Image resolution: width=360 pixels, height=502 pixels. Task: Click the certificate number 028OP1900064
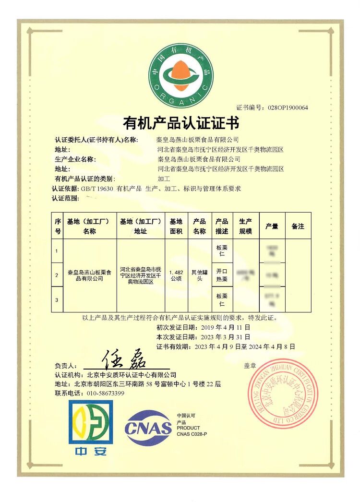pyautogui.click(x=288, y=108)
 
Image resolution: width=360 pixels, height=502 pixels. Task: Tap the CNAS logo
pyautogui.click(x=148, y=427)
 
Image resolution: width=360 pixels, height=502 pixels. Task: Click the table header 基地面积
pyautogui.click(x=176, y=226)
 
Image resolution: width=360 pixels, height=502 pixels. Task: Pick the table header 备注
pyautogui.click(x=298, y=226)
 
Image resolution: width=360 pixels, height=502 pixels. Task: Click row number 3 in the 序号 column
pyautogui.click(x=57, y=299)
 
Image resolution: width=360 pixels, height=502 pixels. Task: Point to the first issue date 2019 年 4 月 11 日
pyautogui.click(x=223, y=327)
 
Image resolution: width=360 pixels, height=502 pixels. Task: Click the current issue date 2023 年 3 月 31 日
pyautogui.click(x=223, y=336)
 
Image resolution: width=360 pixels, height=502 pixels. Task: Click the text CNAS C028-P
pyautogui.click(x=192, y=434)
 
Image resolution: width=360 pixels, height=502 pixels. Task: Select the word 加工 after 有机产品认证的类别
pyautogui.click(x=164, y=179)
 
